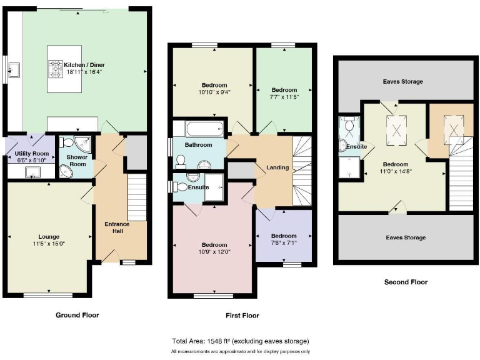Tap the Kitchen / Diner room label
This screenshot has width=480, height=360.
87,64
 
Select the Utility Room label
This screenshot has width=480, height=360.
31,153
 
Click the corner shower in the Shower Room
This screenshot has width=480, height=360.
81,143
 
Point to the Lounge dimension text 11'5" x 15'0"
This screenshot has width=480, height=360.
49,244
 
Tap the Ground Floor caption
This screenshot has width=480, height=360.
77,315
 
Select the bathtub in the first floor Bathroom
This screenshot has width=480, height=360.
199,129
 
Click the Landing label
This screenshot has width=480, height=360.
277,167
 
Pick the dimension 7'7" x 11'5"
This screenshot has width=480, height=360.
284,97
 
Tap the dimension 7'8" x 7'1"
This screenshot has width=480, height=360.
284,243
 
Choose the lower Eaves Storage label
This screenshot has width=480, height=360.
406,237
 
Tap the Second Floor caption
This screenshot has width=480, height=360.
406,282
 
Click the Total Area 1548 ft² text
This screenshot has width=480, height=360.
240,341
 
